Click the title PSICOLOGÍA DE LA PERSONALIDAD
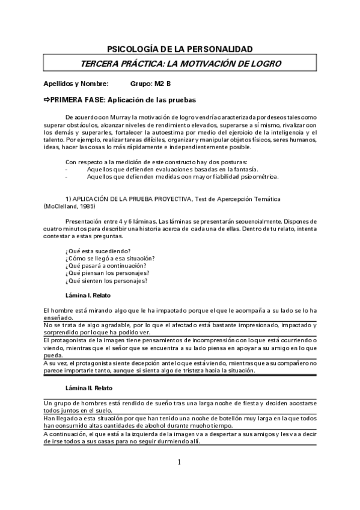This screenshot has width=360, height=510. [179, 49]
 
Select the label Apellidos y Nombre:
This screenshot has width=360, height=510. [76, 84]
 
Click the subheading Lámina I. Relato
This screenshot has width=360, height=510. [88, 295]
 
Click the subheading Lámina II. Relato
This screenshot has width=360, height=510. [89, 388]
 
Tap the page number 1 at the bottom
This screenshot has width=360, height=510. [179, 462]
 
